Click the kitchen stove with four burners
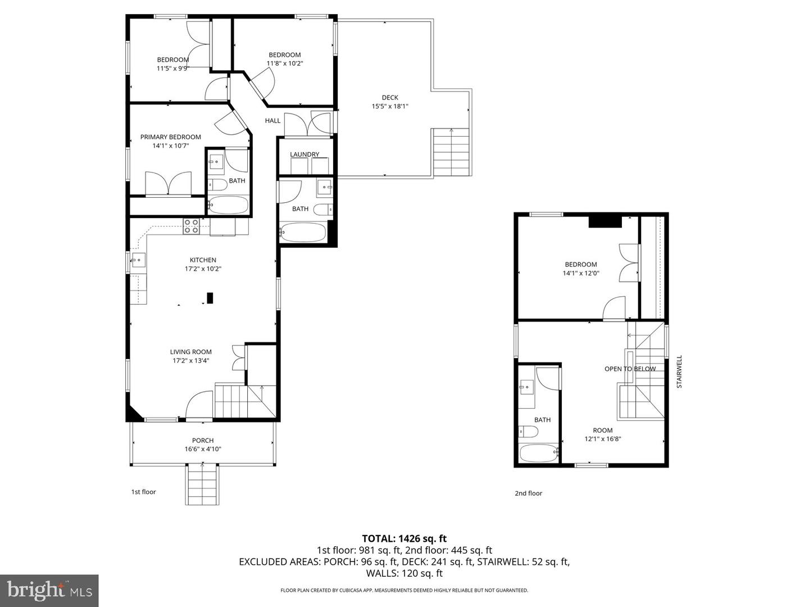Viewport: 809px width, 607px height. click(x=191, y=226)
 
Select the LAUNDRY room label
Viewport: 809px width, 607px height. click(x=304, y=155)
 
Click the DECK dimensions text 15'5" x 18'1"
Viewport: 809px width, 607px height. click(x=390, y=106)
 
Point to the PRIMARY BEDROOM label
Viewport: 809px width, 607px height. click(x=170, y=137)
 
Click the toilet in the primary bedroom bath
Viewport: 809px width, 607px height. click(x=217, y=184)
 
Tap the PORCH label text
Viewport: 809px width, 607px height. click(x=203, y=441)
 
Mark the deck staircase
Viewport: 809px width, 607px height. click(x=451, y=152)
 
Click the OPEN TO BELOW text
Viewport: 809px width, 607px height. click(x=630, y=369)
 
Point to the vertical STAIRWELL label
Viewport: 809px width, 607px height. click(x=679, y=372)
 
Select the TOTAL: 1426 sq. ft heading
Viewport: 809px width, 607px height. click(x=404, y=538)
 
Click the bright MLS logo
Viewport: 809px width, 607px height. click(x=49, y=590)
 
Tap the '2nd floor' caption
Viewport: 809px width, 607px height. click(x=529, y=493)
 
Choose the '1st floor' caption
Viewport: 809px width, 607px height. click(x=144, y=492)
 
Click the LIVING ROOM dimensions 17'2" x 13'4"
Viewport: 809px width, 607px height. click(x=191, y=361)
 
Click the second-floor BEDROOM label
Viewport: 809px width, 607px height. click(x=581, y=265)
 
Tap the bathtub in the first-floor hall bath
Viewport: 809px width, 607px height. click(x=303, y=232)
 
